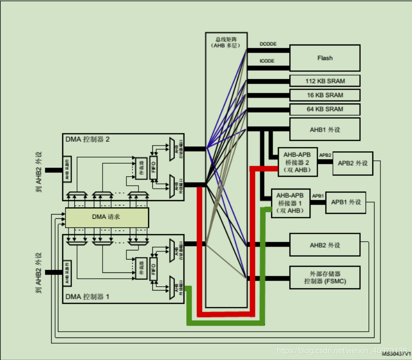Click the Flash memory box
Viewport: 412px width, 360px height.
(x=325, y=58)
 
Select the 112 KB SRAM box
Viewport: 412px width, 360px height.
(x=325, y=80)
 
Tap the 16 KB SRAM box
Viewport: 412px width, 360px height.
(x=325, y=95)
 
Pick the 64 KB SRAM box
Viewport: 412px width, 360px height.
(x=325, y=109)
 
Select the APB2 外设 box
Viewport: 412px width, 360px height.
(x=353, y=163)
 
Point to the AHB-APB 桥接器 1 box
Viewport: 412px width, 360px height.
(x=290, y=202)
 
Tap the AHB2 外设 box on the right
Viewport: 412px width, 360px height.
(x=325, y=246)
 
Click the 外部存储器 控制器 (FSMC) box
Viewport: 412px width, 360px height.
(x=325, y=278)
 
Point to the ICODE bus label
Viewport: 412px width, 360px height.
(x=267, y=61)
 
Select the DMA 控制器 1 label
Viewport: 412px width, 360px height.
(x=87, y=297)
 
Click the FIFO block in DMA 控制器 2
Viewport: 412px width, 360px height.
(x=153, y=168)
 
